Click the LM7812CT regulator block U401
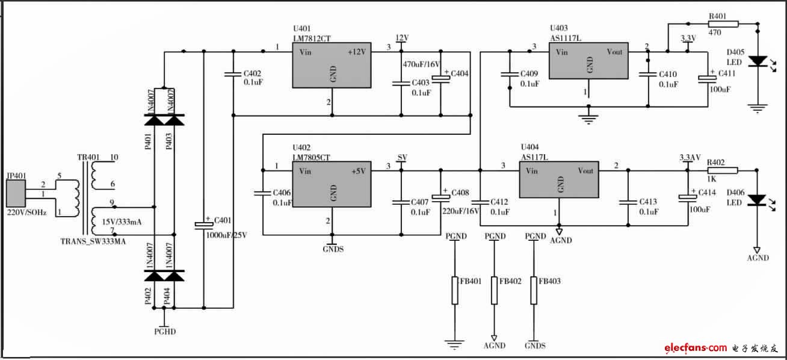pos(332,64)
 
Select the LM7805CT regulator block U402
pos(332,183)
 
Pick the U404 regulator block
pos(559,180)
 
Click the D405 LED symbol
pos(758,61)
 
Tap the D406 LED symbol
pos(758,199)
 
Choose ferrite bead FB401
pos(455,290)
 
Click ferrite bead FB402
pos(495,290)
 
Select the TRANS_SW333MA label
pos(93,241)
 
